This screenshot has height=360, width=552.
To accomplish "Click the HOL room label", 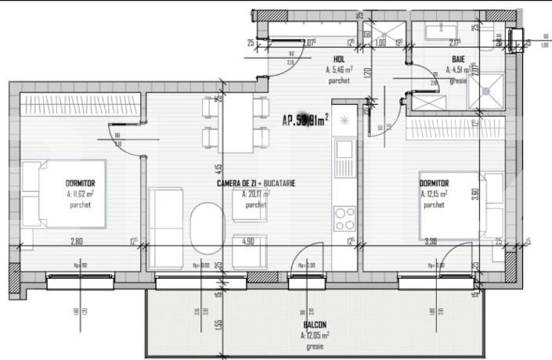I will [x=339, y=59].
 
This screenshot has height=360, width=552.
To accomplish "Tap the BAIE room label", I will [x=457, y=59].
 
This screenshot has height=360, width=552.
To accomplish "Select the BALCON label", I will [x=315, y=325].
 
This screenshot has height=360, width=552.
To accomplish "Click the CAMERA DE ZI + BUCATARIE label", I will [x=256, y=183].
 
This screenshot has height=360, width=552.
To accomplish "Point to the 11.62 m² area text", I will [x=80, y=193].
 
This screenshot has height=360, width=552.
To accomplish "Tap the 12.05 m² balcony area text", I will [x=315, y=335].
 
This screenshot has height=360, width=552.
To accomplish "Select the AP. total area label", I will [x=305, y=120].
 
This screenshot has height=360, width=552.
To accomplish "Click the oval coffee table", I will [x=208, y=225].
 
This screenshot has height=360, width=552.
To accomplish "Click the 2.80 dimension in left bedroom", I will [x=77, y=242].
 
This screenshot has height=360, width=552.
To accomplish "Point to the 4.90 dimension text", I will [x=249, y=242].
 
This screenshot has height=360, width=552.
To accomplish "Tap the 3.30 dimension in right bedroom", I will [x=430, y=242].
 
